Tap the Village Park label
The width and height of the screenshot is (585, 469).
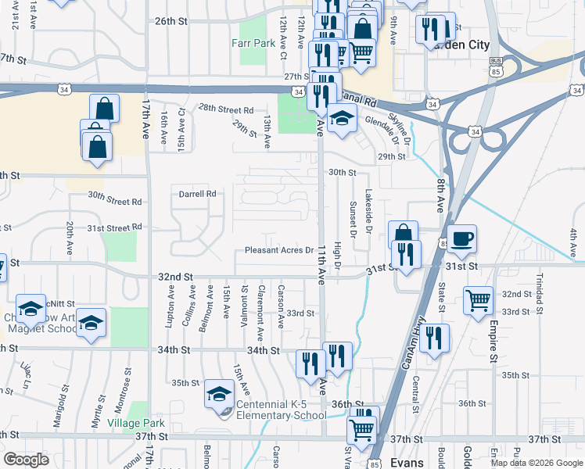[x=136, y=423]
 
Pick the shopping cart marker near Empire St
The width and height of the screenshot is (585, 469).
[x=477, y=299]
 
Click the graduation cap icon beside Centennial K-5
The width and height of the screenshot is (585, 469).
[x=219, y=394]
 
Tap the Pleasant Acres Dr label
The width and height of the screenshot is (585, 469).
[x=279, y=250]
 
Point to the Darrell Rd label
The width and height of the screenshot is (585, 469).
[x=197, y=194]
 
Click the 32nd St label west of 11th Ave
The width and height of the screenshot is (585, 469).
[x=175, y=277]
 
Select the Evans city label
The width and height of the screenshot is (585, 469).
[x=407, y=462]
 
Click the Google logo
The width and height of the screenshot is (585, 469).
[x=26, y=460]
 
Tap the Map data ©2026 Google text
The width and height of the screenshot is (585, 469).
[x=537, y=463]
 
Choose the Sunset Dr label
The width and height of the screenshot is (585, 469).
[x=353, y=220]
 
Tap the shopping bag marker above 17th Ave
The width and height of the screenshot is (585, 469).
[x=104, y=109]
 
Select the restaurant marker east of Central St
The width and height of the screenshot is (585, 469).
[x=435, y=338]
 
